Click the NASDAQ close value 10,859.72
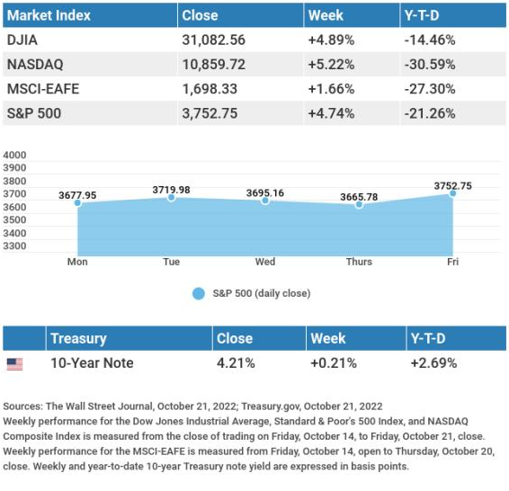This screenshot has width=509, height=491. point(214,64)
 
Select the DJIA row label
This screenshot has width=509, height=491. point(22,40)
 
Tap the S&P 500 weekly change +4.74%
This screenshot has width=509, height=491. point(331,113)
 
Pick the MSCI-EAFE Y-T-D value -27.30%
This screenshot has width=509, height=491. point(430,89)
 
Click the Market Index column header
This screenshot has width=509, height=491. point(49,15)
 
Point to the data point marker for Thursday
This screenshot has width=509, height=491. point(359,204)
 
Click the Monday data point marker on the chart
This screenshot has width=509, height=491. point(77,203)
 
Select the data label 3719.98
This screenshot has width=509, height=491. point(172,190)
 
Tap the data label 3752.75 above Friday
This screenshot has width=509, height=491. point(453,186)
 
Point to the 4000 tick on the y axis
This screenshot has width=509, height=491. point(14,155)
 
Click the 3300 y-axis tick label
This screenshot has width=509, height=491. point(14,246)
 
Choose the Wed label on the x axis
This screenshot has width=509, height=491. point(265,262)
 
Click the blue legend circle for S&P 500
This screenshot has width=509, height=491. point(199,293)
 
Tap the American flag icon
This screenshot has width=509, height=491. point(15,364)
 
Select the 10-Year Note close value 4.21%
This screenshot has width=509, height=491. point(236,362)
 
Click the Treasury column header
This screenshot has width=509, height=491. point(78,338)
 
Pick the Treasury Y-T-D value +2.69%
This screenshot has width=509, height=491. point(433,362)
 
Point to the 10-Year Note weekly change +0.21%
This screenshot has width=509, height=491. point(334,362)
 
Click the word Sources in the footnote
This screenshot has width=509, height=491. point(22,406)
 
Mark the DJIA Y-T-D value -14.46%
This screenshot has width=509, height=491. point(430,40)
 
